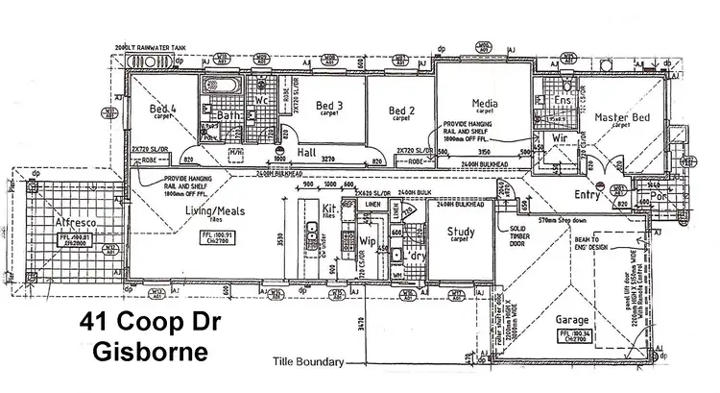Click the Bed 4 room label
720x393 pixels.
click(159, 110)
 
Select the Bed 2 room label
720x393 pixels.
click(401, 111)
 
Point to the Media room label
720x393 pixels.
click(484, 103)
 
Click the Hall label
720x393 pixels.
click(306, 152)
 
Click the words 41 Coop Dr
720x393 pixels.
click(149, 324)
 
